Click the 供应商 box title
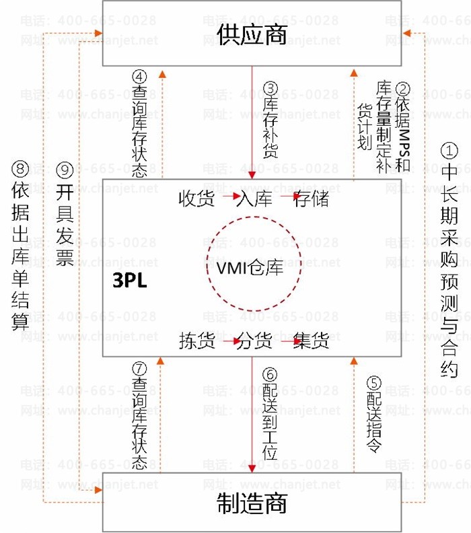252,34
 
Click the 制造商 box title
252,503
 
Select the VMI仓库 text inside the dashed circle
250,268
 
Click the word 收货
196,199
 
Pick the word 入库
254,199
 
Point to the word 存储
311,199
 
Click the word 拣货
196,341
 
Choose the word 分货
254,341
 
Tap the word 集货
311,341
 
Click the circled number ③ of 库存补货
270,87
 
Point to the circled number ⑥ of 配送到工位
270,374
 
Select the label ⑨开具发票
65,215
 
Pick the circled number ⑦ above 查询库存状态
139,368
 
